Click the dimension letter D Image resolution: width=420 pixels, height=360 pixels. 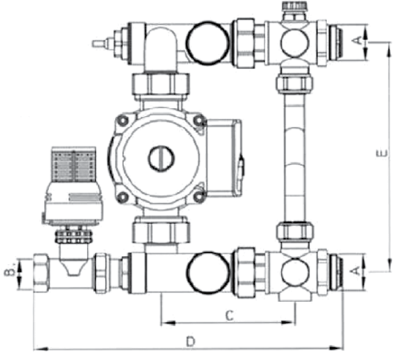click(190, 341)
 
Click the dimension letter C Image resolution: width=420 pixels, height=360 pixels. click(229, 316)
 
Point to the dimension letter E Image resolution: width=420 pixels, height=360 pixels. click(381, 153)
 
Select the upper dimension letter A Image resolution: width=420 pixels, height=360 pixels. click(357, 40)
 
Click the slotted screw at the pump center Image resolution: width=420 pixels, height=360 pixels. click(161, 158)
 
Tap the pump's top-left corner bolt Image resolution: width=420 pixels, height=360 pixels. click(123, 121)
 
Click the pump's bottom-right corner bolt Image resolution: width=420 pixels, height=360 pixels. click(199, 197)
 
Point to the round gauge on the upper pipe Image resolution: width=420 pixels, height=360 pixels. click(208, 43)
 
